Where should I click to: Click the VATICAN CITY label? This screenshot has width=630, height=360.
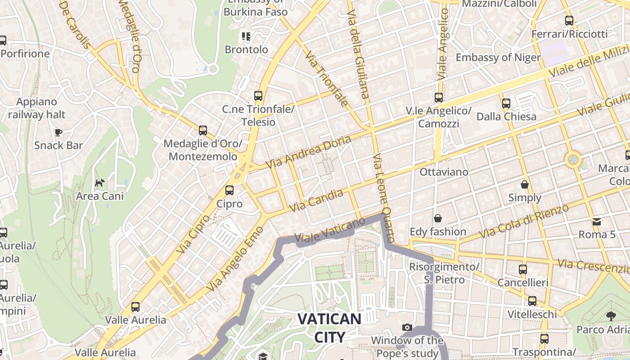pos(329,328)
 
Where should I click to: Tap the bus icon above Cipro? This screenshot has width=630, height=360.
pos(229,190)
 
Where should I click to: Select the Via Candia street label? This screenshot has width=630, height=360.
pos(317,201)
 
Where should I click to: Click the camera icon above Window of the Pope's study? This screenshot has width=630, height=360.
pos(407,328)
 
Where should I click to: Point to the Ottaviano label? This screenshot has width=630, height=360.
pos(444,172)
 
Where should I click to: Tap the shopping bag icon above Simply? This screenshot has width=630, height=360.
pos(525,184)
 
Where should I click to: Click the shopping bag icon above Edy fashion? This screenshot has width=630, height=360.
pos(437,219)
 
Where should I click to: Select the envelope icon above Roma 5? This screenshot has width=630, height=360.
pos(597,221)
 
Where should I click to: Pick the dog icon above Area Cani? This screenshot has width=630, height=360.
pos(99,183)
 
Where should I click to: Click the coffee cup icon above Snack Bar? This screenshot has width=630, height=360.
pos(58,132)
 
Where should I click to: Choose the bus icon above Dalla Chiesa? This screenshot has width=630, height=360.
pos(506,103)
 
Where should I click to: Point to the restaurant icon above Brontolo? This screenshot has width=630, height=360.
pos(246,36)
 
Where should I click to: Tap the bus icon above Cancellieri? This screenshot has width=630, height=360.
pos(522,270)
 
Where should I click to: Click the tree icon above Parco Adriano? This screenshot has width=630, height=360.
pos(611,316)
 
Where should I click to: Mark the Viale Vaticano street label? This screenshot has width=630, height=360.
pos(329,230)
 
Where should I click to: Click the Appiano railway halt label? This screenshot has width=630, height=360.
pos(36,108)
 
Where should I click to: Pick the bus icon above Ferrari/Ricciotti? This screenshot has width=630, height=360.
pos(569,21)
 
